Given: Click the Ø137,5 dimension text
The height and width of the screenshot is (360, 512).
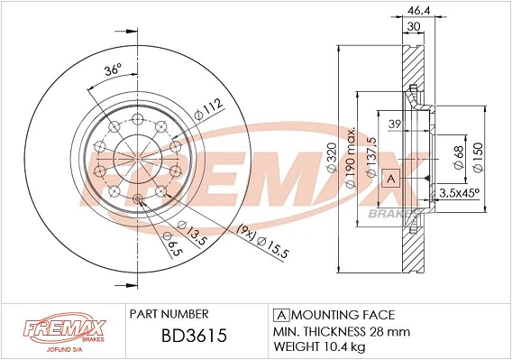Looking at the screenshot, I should (x=371, y=155).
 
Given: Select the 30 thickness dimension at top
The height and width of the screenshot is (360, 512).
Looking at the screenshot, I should (x=412, y=28).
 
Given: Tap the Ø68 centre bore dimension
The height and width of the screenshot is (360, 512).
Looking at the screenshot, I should (x=459, y=153).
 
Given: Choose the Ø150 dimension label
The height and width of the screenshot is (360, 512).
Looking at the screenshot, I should (x=490, y=153).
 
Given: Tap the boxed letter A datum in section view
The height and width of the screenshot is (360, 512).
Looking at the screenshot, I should (x=391, y=179).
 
